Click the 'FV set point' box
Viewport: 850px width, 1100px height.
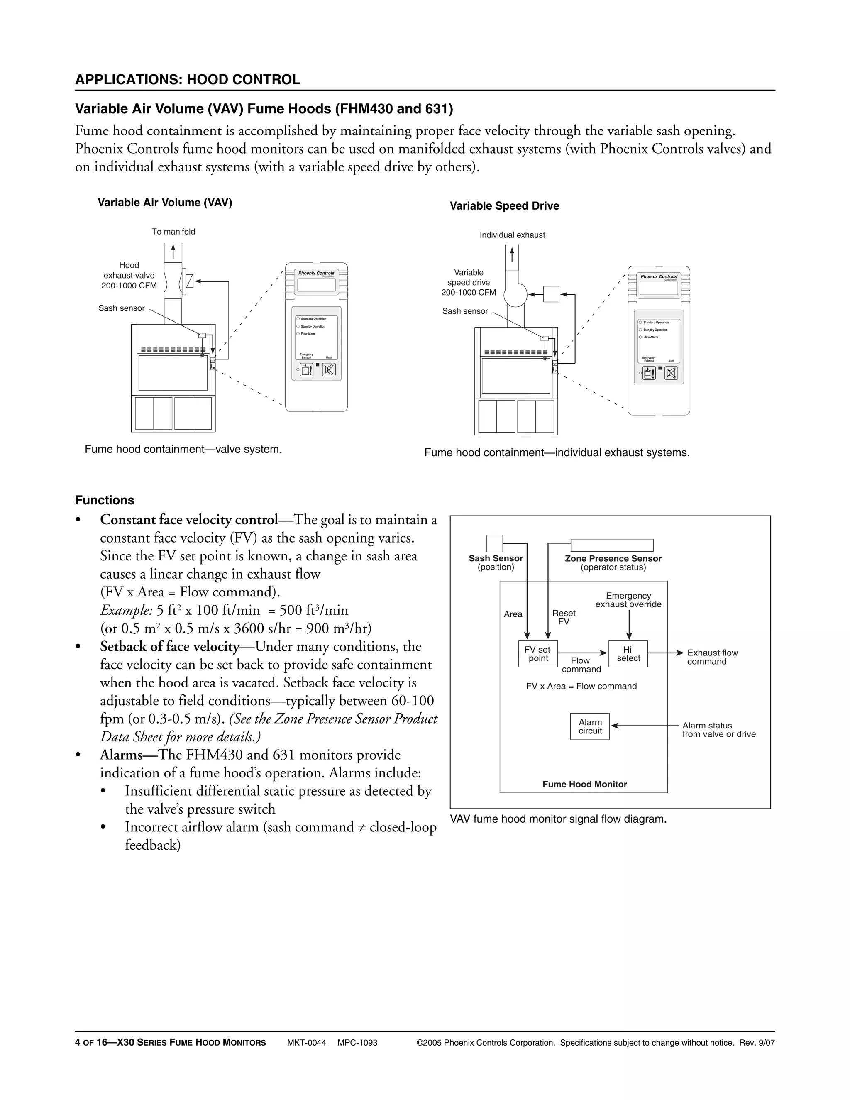tap(537, 654)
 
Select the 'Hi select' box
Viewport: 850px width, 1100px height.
tap(628, 654)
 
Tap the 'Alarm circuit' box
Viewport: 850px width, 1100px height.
tap(590, 726)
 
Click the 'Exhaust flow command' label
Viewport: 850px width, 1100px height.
tap(712, 657)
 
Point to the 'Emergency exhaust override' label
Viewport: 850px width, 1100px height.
tap(628, 600)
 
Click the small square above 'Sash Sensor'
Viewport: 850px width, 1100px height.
tap(494, 543)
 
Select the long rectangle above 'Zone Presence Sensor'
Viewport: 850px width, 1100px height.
tap(612, 545)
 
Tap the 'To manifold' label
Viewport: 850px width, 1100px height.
tap(173, 232)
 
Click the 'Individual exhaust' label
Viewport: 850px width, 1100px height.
tap(512, 235)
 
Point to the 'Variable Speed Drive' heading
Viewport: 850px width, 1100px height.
tap(504, 206)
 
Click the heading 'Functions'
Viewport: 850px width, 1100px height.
tap(105, 500)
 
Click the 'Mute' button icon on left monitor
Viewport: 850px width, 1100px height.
tap(329, 370)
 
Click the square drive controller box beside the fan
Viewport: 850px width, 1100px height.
tap(552, 294)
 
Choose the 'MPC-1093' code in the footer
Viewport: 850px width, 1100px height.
tap(357, 1043)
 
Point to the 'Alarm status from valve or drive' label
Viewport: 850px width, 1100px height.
tap(718, 730)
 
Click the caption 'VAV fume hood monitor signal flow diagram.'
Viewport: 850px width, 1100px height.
tap(558, 819)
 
